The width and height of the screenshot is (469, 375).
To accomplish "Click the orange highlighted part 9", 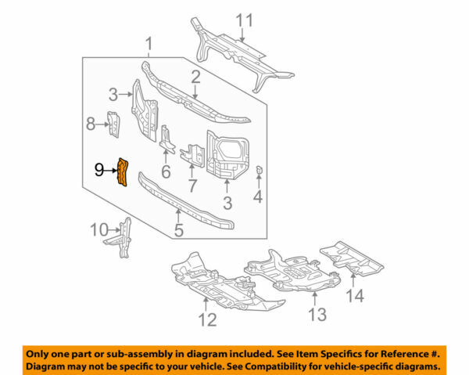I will pos(122,172).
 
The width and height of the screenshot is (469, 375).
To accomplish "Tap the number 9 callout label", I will pos(98,168).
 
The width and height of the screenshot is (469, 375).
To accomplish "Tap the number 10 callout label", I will pos(97,229).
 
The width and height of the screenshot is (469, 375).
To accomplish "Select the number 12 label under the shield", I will pos(206,319).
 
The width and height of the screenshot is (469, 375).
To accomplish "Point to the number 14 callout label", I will pos(356,296).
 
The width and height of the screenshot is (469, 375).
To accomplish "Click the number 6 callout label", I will pos(166,172).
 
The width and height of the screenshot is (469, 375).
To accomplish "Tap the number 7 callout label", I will pos(192,186).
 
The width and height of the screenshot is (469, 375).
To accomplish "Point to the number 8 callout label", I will pos(90,123).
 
